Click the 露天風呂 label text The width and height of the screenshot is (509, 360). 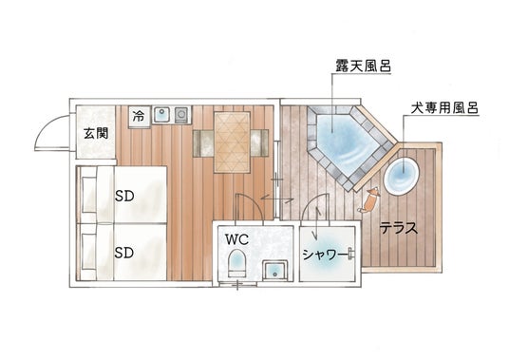364,66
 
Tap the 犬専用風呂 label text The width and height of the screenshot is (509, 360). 444,108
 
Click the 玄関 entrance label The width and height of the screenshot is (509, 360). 96,133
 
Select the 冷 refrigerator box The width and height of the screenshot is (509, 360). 140,116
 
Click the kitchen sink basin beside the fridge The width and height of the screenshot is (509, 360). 161,114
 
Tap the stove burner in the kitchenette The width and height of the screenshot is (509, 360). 181,114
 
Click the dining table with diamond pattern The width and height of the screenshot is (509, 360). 232,142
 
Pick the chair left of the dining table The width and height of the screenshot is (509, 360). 203,143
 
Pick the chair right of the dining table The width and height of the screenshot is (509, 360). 259,143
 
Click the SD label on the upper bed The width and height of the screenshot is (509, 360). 124,196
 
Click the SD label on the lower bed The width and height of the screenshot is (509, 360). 124,253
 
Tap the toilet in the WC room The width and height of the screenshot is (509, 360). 237,263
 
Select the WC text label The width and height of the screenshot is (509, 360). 237,239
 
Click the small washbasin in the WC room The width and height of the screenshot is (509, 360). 275,270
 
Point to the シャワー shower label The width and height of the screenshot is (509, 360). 325,255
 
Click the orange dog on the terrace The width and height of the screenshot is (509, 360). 368,201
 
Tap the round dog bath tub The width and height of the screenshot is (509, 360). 402,176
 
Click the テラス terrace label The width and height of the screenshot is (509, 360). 399,228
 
